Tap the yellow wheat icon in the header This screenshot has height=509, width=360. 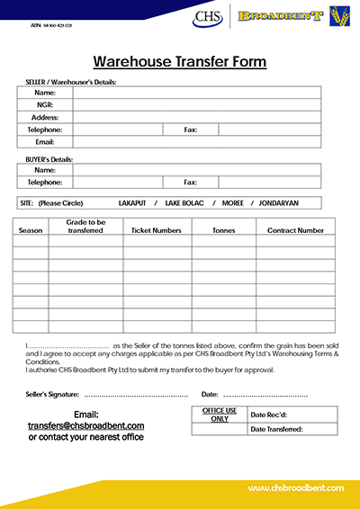click(x=341, y=16)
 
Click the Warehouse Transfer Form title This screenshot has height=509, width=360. click(x=180, y=61)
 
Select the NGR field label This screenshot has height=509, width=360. click(x=45, y=104)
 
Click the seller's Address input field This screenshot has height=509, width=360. click(x=196, y=117)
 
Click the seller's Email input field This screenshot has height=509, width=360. click(x=196, y=142)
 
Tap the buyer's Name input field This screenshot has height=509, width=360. click(x=196, y=169)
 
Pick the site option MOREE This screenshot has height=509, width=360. click(x=231, y=202)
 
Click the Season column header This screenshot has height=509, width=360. click(x=31, y=230)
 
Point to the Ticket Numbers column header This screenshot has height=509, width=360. click(x=157, y=230)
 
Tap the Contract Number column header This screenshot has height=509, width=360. click(x=295, y=230)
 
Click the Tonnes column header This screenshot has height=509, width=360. click(x=223, y=230)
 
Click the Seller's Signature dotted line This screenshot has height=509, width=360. click(x=136, y=395)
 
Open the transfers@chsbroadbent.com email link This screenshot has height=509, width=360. click(x=86, y=425)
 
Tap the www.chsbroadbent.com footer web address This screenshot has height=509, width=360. click(x=296, y=487)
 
